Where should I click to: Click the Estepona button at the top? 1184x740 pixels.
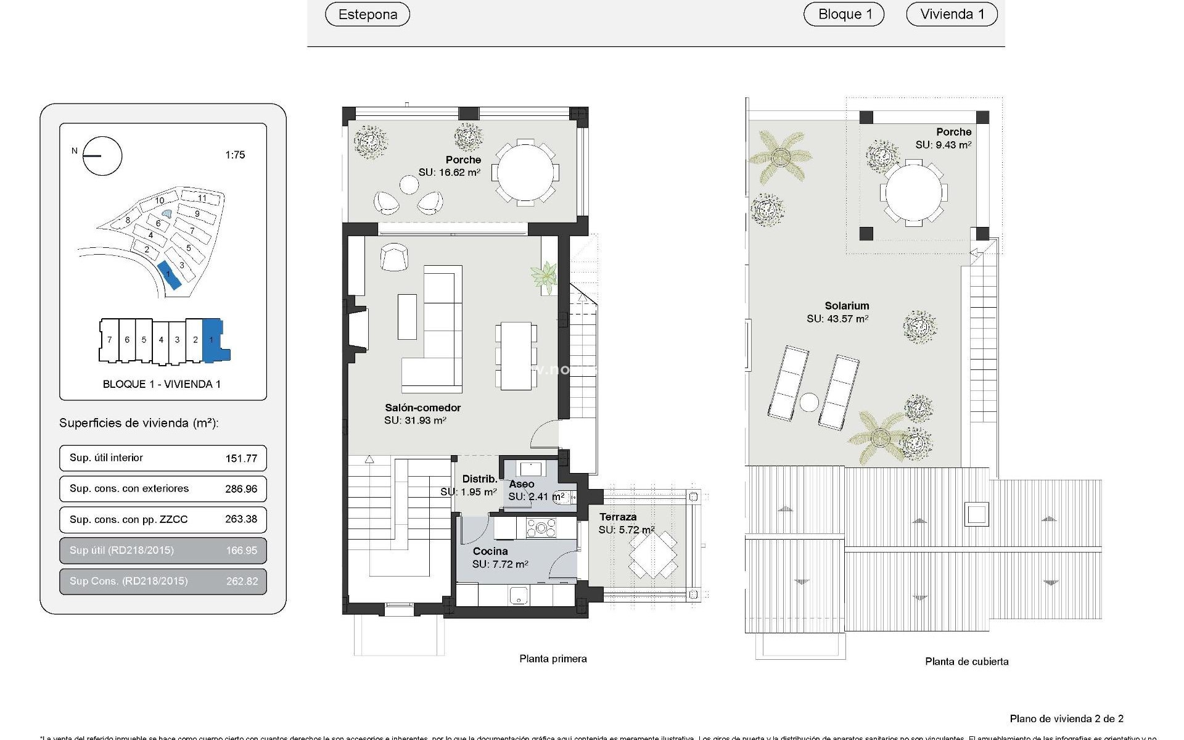(368, 14)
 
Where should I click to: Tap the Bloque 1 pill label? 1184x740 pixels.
(844, 14)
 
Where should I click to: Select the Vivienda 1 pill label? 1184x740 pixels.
(952, 14)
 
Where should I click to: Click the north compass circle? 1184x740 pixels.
(102, 156)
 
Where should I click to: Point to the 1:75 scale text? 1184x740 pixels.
(235, 155)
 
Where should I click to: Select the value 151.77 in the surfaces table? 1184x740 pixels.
(241, 458)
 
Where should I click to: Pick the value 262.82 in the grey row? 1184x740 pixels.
(241, 581)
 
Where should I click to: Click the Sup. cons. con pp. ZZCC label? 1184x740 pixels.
(128, 519)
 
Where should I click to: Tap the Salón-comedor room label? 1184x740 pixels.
(422, 408)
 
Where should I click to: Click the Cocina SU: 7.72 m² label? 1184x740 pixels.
(499, 557)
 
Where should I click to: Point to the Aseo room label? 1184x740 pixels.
(522, 484)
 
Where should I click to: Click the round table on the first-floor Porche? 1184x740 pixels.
(525, 173)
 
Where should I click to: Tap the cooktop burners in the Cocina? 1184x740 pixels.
(541, 528)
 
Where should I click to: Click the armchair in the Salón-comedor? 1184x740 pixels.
(394, 257)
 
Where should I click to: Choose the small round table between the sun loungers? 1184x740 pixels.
(809, 403)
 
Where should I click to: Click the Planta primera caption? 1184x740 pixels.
(553, 659)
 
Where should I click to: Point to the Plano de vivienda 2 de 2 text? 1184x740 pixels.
(1066, 718)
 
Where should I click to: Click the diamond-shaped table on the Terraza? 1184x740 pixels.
(652, 554)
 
